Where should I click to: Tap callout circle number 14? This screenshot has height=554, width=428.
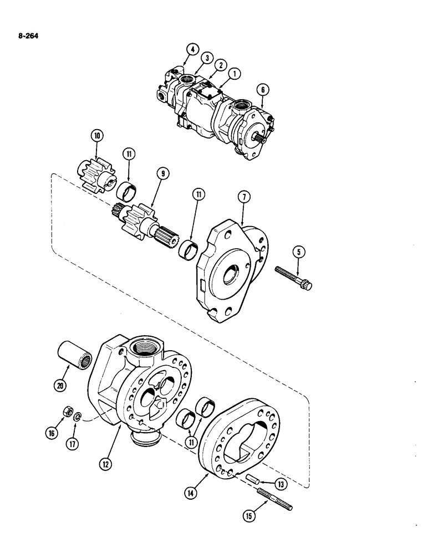(197, 491)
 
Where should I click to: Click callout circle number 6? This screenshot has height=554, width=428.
(261, 90)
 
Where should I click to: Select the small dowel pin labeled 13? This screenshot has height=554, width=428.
(254, 479)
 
